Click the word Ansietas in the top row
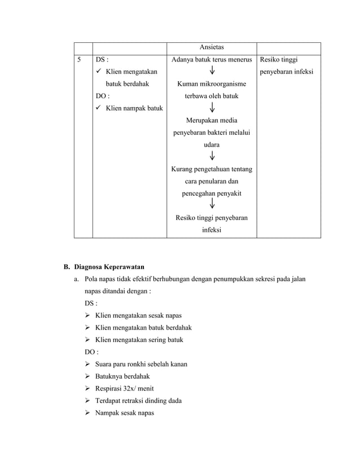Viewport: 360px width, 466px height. [211, 48]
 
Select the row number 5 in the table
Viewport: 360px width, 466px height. [80, 59]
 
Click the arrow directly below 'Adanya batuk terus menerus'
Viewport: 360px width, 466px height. [212, 71]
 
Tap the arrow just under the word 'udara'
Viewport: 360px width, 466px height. [212, 156]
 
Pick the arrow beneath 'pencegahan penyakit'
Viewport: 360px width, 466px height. [212, 205]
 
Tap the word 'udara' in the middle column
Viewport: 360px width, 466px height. [212, 144]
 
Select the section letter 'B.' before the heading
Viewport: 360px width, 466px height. [66, 266]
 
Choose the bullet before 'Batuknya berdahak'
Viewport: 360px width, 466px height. [89, 376]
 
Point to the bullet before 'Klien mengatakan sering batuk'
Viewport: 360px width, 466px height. [89, 340]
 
